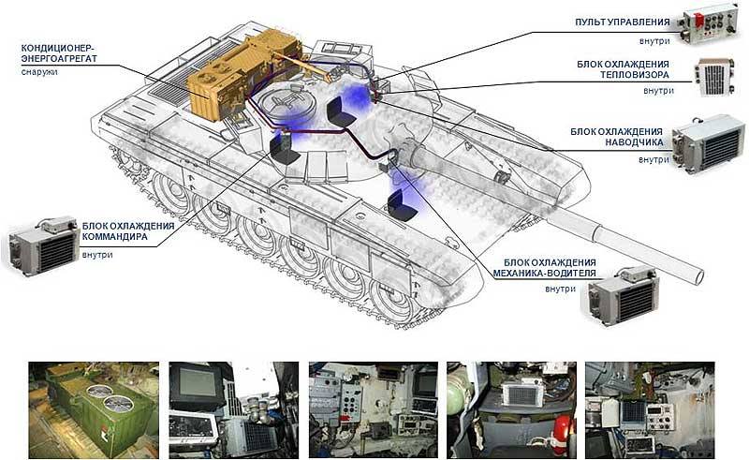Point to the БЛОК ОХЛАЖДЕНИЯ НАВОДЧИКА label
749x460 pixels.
tap(617, 137)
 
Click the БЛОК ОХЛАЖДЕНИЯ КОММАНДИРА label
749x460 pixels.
tap(127, 231)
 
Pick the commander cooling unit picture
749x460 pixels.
tap(42, 242)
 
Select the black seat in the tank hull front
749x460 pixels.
tap(400, 203)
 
